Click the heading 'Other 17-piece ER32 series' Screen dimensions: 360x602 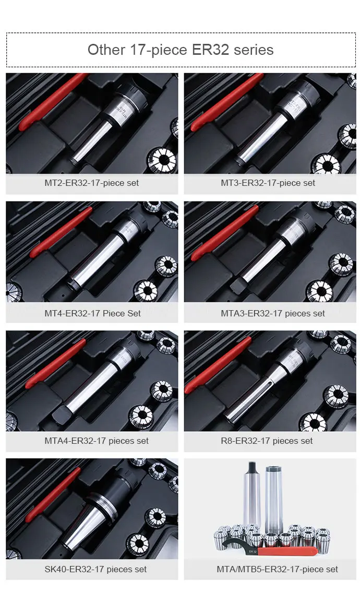(181, 50)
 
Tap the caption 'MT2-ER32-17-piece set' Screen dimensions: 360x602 (92, 183)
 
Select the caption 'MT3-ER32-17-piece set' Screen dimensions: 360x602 (268, 183)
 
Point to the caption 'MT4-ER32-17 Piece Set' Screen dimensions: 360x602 (92, 313)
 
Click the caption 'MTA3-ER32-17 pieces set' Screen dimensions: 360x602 (273, 313)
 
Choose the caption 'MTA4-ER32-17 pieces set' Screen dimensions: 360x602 (97, 441)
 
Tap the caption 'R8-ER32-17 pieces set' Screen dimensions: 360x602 (267, 441)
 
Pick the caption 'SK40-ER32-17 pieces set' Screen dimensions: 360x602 (95, 569)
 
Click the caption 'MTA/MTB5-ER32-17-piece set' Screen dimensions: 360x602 (277, 569)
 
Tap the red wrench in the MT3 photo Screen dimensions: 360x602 (226, 102)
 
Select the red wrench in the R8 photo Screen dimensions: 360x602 (218, 365)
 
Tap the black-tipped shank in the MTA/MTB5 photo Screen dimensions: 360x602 (252, 495)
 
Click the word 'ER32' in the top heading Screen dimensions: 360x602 (210, 50)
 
